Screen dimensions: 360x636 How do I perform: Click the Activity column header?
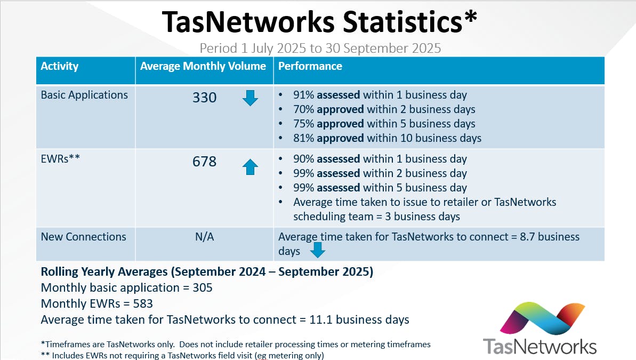click(x=60, y=67)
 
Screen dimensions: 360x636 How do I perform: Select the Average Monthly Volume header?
click(x=203, y=67)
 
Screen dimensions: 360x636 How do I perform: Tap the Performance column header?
click(x=310, y=67)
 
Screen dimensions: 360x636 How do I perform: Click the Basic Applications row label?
click(x=84, y=95)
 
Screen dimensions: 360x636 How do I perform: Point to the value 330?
click(x=205, y=98)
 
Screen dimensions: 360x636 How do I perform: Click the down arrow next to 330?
click(x=250, y=98)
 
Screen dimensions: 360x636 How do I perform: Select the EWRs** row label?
click(x=60, y=159)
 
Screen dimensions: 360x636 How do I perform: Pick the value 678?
click(x=205, y=162)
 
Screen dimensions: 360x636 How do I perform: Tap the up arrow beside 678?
click(x=250, y=167)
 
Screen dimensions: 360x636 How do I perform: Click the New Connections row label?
click(x=84, y=237)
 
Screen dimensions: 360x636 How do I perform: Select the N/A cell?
click(x=205, y=237)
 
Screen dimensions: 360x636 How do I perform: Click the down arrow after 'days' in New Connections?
click(x=318, y=250)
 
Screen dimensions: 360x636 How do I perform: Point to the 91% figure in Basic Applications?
click(x=303, y=95)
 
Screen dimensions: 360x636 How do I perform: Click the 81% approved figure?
click(x=303, y=139)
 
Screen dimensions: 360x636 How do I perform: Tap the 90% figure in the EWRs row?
click(x=303, y=159)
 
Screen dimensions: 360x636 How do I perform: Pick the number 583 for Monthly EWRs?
click(x=143, y=304)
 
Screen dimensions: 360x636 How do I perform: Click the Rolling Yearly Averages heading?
click(x=207, y=272)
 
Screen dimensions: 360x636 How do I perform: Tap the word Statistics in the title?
click(x=406, y=22)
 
